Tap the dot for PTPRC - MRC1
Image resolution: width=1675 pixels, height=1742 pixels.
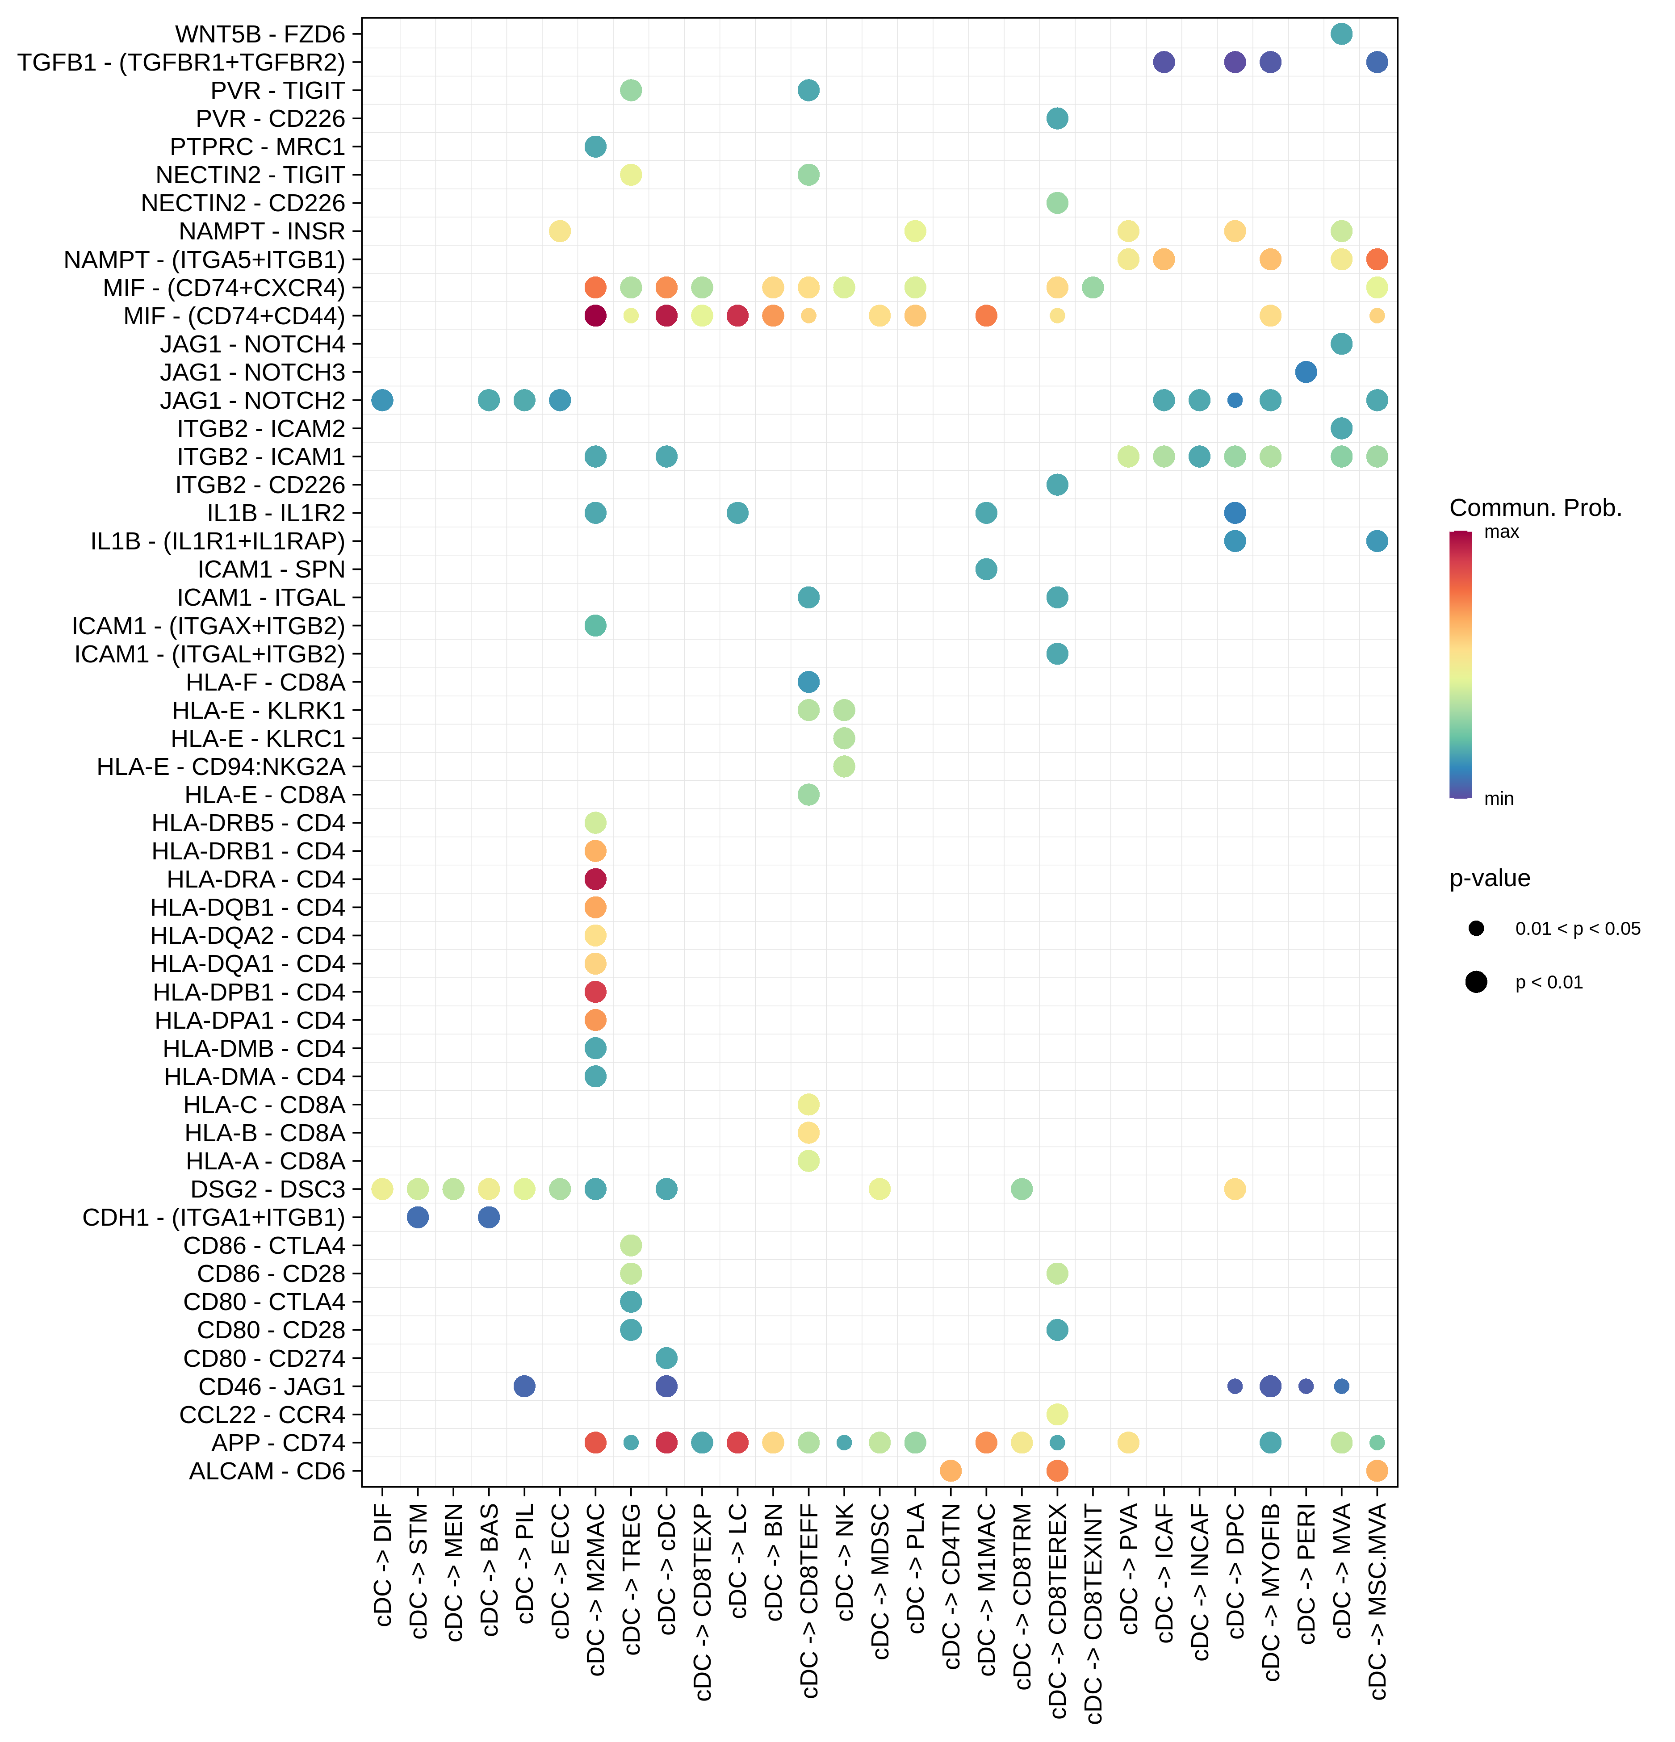click(x=595, y=147)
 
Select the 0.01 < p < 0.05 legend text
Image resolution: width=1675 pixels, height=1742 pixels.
click(x=1577, y=929)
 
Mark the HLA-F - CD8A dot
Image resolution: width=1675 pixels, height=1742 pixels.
click(x=808, y=682)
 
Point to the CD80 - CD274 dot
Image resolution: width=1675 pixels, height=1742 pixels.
click(x=666, y=1358)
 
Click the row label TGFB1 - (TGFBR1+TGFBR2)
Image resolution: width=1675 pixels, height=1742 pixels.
click(x=181, y=62)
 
